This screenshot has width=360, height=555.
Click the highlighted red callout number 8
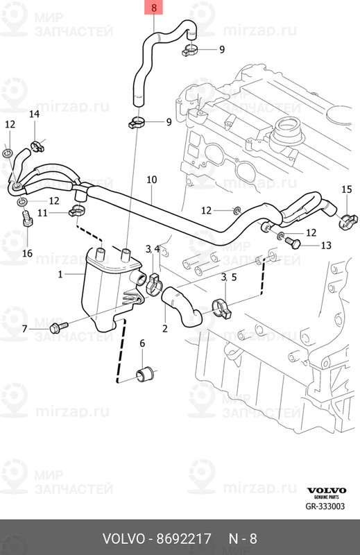[x=153, y=8]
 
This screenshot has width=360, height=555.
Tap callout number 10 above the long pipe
[x=151, y=180]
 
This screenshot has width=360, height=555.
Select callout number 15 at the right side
[x=347, y=189]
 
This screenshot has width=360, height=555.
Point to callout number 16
[x=27, y=253]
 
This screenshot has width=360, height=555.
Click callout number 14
[x=34, y=114]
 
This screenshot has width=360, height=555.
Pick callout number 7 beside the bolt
[x=24, y=329]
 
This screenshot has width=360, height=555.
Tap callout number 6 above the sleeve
[x=142, y=343]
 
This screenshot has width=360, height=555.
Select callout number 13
[x=325, y=245]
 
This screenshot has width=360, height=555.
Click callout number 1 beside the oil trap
[x=60, y=274]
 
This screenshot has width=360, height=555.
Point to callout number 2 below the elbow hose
[x=165, y=328]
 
